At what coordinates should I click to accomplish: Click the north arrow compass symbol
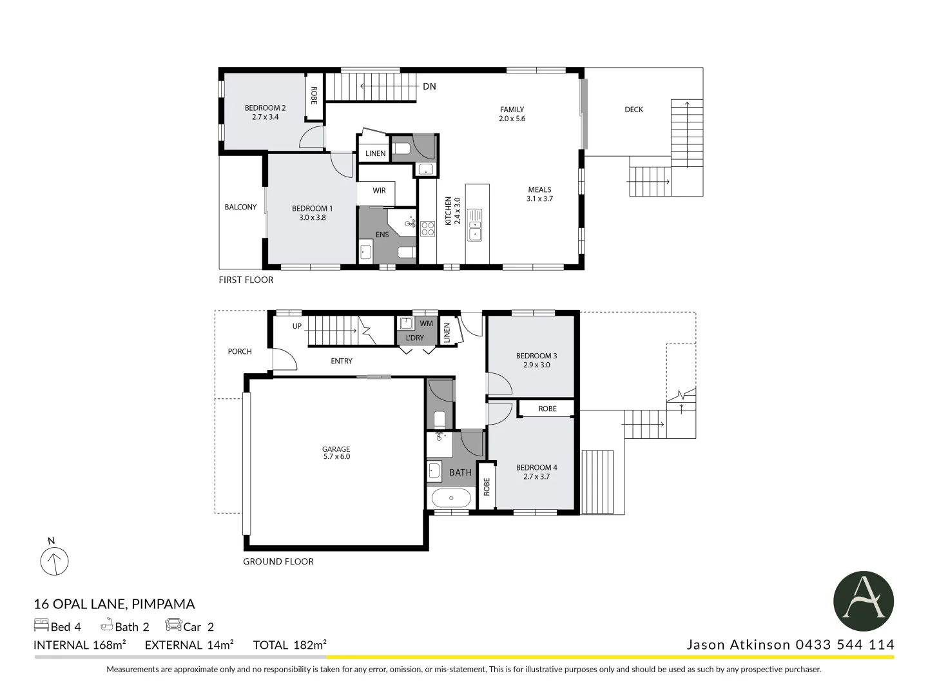click(x=54, y=561)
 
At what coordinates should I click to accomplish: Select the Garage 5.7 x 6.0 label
click(x=336, y=452)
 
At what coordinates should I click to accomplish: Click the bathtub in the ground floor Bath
click(x=450, y=498)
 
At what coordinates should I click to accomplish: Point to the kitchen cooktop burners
click(x=427, y=229)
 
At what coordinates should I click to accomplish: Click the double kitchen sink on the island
click(x=474, y=224)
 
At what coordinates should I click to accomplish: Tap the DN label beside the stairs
click(x=429, y=86)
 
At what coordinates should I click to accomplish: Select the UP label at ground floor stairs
click(x=297, y=326)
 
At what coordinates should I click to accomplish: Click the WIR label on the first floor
click(x=379, y=191)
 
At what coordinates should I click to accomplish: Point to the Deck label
click(x=633, y=110)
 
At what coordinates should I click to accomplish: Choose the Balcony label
click(x=240, y=207)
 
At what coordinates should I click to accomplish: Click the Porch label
click(x=240, y=351)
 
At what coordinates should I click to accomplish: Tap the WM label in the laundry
click(x=427, y=324)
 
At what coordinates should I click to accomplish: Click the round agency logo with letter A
click(x=863, y=601)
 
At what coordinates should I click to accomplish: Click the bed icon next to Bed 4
click(x=41, y=625)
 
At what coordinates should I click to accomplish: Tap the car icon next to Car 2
click(x=173, y=625)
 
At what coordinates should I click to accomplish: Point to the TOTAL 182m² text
click(x=289, y=644)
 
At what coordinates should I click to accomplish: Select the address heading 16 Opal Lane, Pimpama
click(x=114, y=604)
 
